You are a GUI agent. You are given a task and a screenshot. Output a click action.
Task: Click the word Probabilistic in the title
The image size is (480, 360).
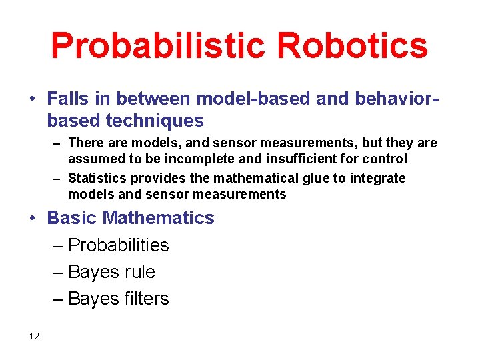point(158,46)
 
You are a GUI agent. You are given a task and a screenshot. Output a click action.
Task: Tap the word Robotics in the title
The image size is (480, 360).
point(353,46)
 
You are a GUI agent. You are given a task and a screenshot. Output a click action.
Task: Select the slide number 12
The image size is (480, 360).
point(35,336)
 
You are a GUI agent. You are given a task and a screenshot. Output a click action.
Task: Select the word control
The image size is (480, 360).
point(386,159)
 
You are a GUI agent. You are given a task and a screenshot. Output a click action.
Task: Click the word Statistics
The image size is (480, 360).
point(97,178)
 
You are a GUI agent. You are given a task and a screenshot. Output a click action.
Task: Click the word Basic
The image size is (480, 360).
point(73,218)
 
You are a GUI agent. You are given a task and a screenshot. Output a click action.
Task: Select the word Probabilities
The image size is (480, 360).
point(119,245)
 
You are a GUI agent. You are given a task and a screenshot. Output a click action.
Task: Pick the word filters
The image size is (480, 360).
point(147,299)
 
